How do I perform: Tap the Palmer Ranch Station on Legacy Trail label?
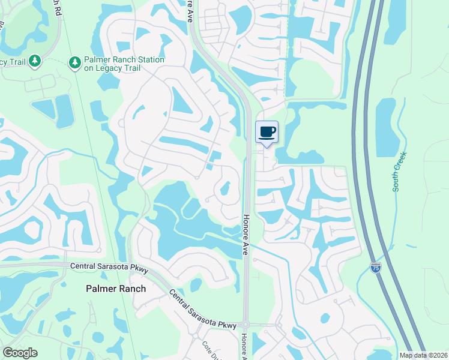(x=124, y=64)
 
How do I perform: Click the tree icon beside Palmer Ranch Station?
(x=75, y=62)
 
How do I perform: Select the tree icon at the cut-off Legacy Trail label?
(x=35, y=61)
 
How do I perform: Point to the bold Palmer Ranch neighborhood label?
(x=114, y=289)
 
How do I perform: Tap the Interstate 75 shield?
(x=376, y=267)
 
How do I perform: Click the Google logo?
(x=20, y=353)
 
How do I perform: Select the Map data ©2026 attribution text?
(x=423, y=355)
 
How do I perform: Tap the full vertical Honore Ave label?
(x=246, y=236)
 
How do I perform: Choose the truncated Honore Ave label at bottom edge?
(x=244, y=347)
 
